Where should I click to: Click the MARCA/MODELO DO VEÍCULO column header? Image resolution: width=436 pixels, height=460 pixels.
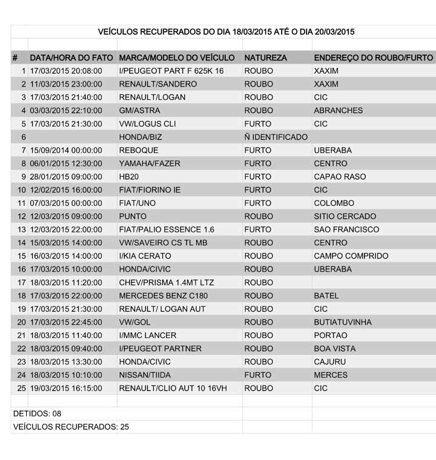[x=177, y=58]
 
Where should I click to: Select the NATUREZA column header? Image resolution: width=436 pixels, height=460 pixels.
[x=265, y=58]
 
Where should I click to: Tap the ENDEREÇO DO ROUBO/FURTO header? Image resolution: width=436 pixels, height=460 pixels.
[x=373, y=58]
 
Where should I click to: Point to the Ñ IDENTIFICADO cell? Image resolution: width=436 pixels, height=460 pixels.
[x=276, y=137]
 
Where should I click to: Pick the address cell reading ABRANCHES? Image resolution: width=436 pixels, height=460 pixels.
[x=339, y=110]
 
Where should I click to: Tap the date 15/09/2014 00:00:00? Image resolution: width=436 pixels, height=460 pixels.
[x=65, y=150]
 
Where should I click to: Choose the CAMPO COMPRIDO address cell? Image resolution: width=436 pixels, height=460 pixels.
[x=351, y=256]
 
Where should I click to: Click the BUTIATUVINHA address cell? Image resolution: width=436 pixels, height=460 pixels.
[x=343, y=322]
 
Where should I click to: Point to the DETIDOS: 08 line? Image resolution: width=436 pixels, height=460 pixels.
[x=38, y=413]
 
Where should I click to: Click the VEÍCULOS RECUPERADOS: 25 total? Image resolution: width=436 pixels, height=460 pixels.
[x=71, y=427]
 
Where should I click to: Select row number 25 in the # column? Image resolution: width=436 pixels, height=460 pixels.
[x=21, y=388]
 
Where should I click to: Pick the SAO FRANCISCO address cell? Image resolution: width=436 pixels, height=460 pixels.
[x=346, y=229]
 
